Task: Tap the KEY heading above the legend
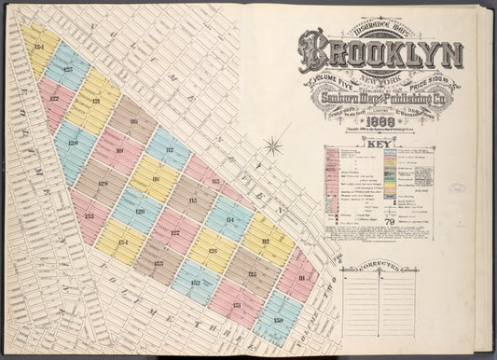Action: tap(380, 146)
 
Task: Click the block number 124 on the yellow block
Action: tap(38, 46)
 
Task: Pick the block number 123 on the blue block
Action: tap(67, 69)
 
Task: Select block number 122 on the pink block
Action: tap(54, 97)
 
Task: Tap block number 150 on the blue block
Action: tap(278, 322)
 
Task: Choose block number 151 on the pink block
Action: tap(237, 305)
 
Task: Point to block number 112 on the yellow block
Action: tap(265, 245)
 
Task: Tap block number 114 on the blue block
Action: tap(229, 222)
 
